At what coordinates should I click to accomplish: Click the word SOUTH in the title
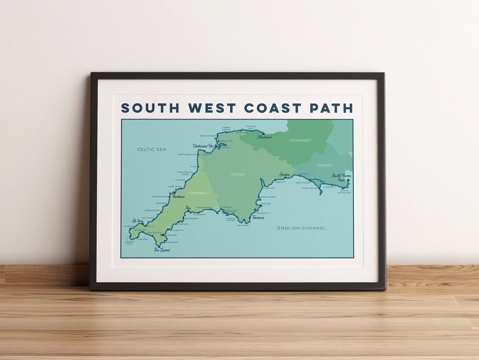pyautogui.click(x=150, y=108)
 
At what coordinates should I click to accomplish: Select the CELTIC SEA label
pyautogui.click(x=151, y=149)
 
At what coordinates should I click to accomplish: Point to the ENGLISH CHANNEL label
pyautogui.click(x=302, y=228)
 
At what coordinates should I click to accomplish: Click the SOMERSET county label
pyautogui.click(x=300, y=140)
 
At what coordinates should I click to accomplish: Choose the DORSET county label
pyautogui.click(x=325, y=165)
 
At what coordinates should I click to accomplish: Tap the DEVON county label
pyautogui.click(x=238, y=174)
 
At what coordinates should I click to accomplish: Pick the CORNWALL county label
pyautogui.click(x=198, y=193)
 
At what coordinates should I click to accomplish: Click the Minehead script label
pyautogui.click(x=264, y=137)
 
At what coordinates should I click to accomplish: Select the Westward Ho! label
pyautogui.click(x=203, y=146)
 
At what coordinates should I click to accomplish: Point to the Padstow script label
pyautogui.click(x=179, y=196)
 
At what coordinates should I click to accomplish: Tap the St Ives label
pyautogui.click(x=138, y=221)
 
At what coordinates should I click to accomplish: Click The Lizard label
pyautogui.click(x=162, y=250)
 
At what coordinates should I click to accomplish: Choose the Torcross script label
pyautogui.click(x=258, y=218)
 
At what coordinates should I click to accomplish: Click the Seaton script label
pyautogui.click(x=285, y=174)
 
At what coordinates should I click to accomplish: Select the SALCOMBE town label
pyautogui.click(x=243, y=225)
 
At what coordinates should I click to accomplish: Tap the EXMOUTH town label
pyautogui.click(x=269, y=188)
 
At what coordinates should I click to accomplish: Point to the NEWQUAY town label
pyautogui.click(x=161, y=203)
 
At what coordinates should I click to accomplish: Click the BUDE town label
pyautogui.click(x=193, y=167)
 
